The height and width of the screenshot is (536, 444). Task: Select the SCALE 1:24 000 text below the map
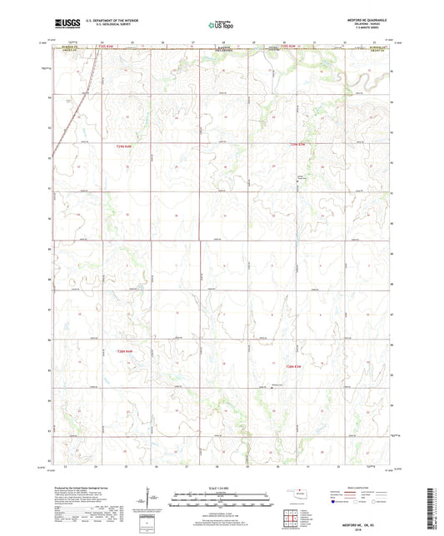click(221, 483)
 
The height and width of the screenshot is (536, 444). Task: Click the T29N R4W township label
click(123, 147)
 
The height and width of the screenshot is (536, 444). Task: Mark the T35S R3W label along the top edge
click(286, 47)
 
